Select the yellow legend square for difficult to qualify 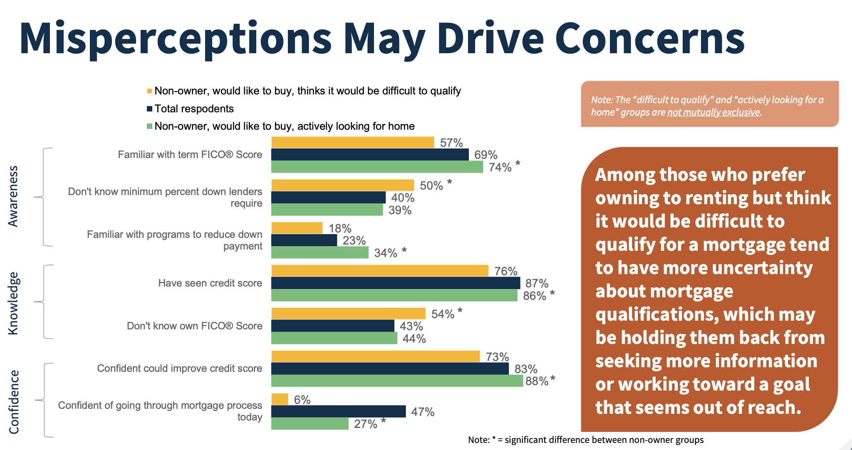(x=149, y=91)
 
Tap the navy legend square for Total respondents (x=149, y=109)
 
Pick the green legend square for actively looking (x=149, y=126)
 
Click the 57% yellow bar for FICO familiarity (x=352, y=142)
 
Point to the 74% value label (x=500, y=167)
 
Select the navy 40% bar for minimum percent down (x=328, y=198)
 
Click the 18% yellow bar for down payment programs (x=297, y=228)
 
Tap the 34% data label (x=386, y=253)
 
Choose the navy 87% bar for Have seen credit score (x=395, y=283)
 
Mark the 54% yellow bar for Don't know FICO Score (x=348, y=314)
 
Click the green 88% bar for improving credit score (x=397, y=381)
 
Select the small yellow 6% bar (x=280, y=399)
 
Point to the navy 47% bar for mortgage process (x=338, y=411)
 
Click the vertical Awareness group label (x=13, y=196)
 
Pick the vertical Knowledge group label (x=13, y=303)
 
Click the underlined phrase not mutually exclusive (x=713, y=112)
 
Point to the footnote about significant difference (x=585, y=440)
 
